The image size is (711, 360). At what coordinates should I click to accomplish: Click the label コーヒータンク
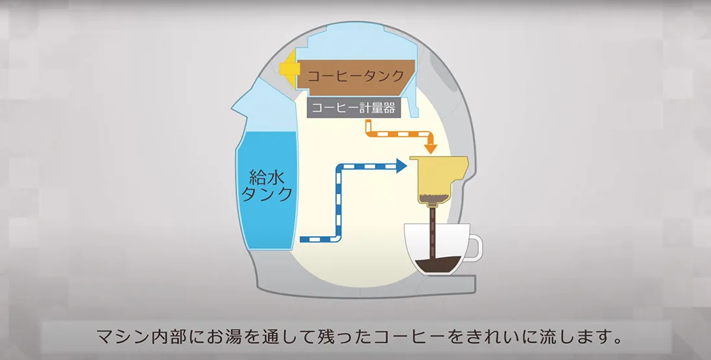coord(355,75)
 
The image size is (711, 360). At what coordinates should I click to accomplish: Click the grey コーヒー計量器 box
coord(354,108)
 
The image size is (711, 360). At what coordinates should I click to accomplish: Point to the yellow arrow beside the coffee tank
coord(289,69)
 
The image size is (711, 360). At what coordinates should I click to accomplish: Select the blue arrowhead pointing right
coord(402,166)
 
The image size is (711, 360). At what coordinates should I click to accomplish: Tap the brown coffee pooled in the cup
coord(438,264)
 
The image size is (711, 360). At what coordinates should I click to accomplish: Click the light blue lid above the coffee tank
coord(362,41)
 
